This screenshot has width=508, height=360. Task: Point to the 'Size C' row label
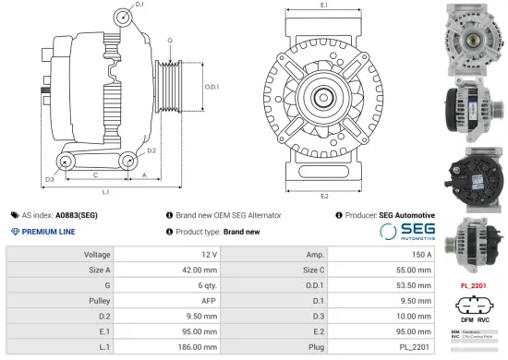[x=311, y=269]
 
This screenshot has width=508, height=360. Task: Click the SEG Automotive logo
[x=406, y=231]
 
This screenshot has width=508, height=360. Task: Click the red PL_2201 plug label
[x=473, y=286]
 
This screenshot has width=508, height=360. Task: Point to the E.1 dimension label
[x=323, y=6]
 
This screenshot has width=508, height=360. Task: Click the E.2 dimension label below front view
[x=323, y=197]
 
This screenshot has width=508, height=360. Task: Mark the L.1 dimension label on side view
[x=106, y=192]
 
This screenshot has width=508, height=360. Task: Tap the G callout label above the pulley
[x=170, y=42]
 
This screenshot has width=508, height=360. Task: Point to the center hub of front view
[x=324, y=98]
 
